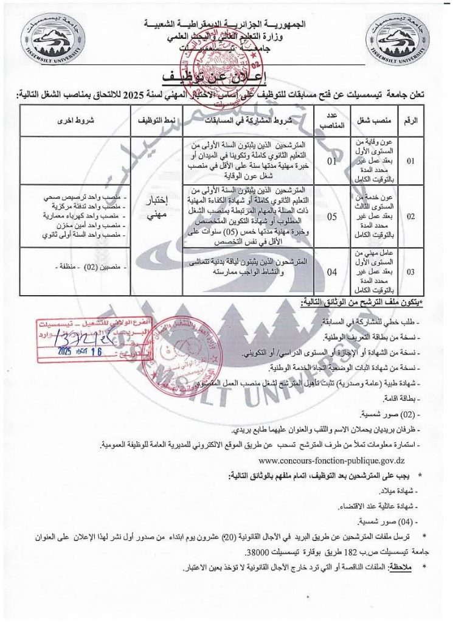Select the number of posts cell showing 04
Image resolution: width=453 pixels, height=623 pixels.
[x=332, y=272]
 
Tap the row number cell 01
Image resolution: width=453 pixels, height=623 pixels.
[x=411, y=162]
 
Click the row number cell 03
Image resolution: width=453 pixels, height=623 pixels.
[x=411, y=272]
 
